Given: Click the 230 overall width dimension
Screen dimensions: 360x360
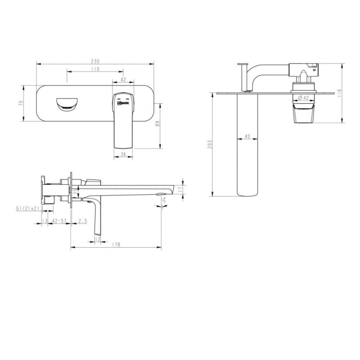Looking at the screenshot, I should (x=95, y=61).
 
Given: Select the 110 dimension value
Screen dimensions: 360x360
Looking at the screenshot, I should (x=95, y=70).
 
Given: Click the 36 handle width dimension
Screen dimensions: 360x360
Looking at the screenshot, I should (x=123, y=154).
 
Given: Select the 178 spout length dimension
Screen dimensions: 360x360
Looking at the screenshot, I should (x=116, y=244).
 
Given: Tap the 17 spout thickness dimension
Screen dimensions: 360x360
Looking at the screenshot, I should (x=180, y=190).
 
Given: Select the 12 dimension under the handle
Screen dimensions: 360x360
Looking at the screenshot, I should (x=97, y=239).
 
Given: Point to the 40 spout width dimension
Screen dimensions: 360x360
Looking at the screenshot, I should (x=247, y=137).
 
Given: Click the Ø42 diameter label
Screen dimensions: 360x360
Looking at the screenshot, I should (x=303, y=98).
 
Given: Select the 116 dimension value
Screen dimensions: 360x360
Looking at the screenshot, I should (x=339, y=93).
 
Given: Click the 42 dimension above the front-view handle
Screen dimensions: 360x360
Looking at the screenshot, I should (x=123, y=80).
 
